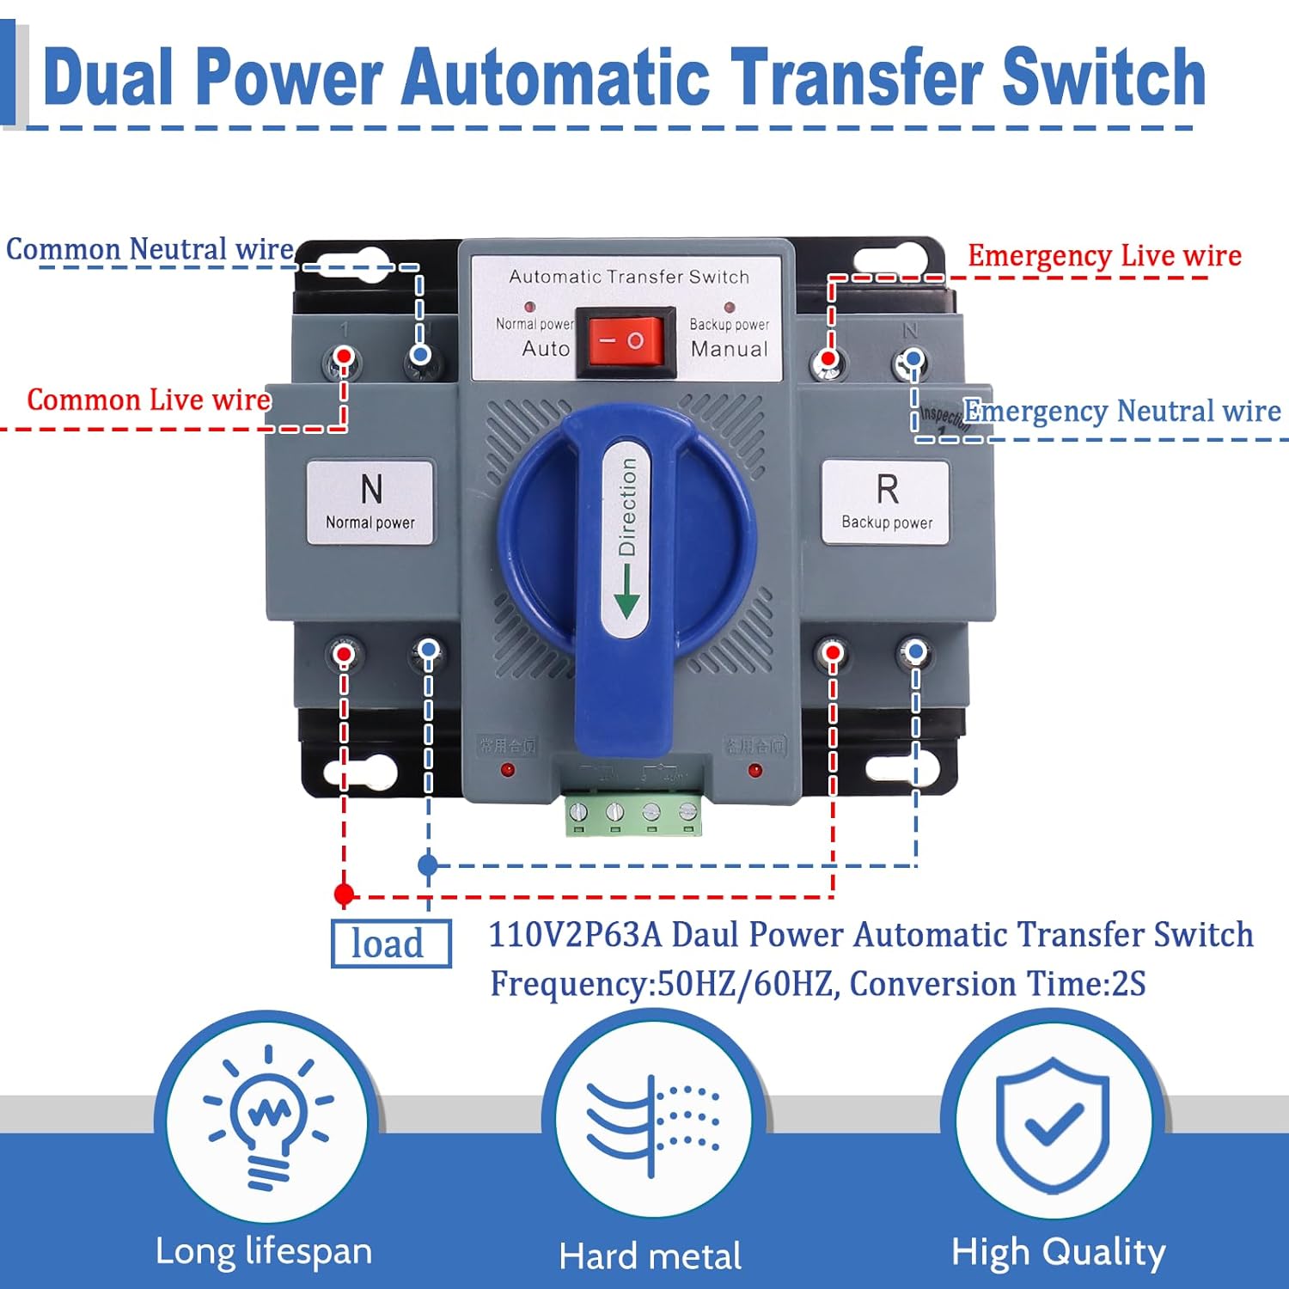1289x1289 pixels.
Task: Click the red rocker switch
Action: coord(625,341)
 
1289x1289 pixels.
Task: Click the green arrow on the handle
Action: coord(626,593)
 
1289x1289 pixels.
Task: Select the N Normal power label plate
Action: coord(370,502)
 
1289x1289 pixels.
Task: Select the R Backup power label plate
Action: coord(885,502)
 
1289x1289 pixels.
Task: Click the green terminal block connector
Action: coord(632,814)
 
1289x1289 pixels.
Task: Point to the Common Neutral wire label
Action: coord(150,249)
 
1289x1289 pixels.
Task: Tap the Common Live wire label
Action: coord(149,400)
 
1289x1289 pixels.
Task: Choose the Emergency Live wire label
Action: coord(1104,255)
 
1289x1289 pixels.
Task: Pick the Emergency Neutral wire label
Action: coord(1121,411)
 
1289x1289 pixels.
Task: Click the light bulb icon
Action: coord(267,1117)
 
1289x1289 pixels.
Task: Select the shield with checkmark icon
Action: coord(1052,1121)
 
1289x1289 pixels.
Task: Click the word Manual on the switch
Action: coord(729,349)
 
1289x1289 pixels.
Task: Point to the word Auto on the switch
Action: coord(546,348)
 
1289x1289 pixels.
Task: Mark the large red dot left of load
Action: coord(344,895)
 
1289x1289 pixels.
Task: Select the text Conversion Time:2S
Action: coord(997,984)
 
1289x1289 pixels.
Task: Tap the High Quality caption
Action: coord(1058,1253)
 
